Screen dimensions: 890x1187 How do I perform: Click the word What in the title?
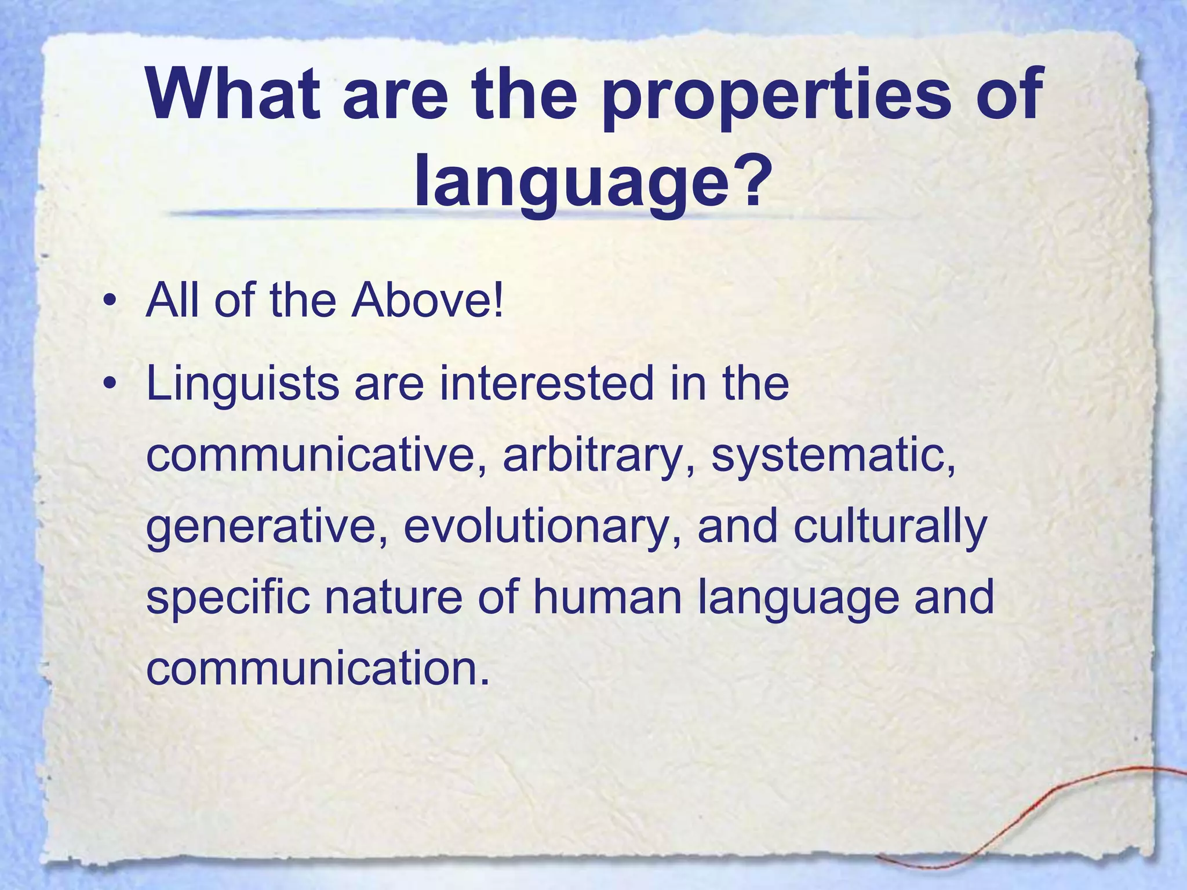(232, 94)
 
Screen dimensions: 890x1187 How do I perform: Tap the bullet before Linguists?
(108, 385)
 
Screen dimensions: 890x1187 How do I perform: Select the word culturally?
(890, 527)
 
